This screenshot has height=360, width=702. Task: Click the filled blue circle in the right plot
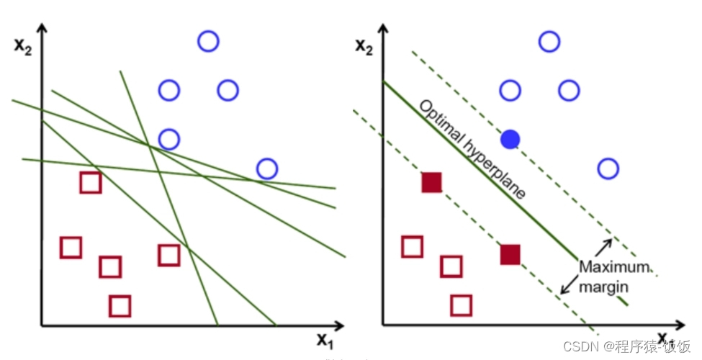(x=510, y=138)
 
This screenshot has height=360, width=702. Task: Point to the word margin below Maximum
(x=606, y=286)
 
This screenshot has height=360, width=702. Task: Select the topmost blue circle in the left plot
(x=208, y=42)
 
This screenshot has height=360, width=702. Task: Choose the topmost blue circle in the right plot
(x=549, y=42)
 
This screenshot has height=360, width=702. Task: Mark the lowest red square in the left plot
(x=120, y=306)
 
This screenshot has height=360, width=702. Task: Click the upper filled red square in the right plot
(x=431, y=183)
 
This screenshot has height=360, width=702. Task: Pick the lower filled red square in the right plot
(x=510, y=255)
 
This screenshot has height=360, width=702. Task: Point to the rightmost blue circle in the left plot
(x=267, y=168)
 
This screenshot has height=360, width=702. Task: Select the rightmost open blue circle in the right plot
(x=608, y=168)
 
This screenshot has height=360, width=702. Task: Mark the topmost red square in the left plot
(x=90, y=183)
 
